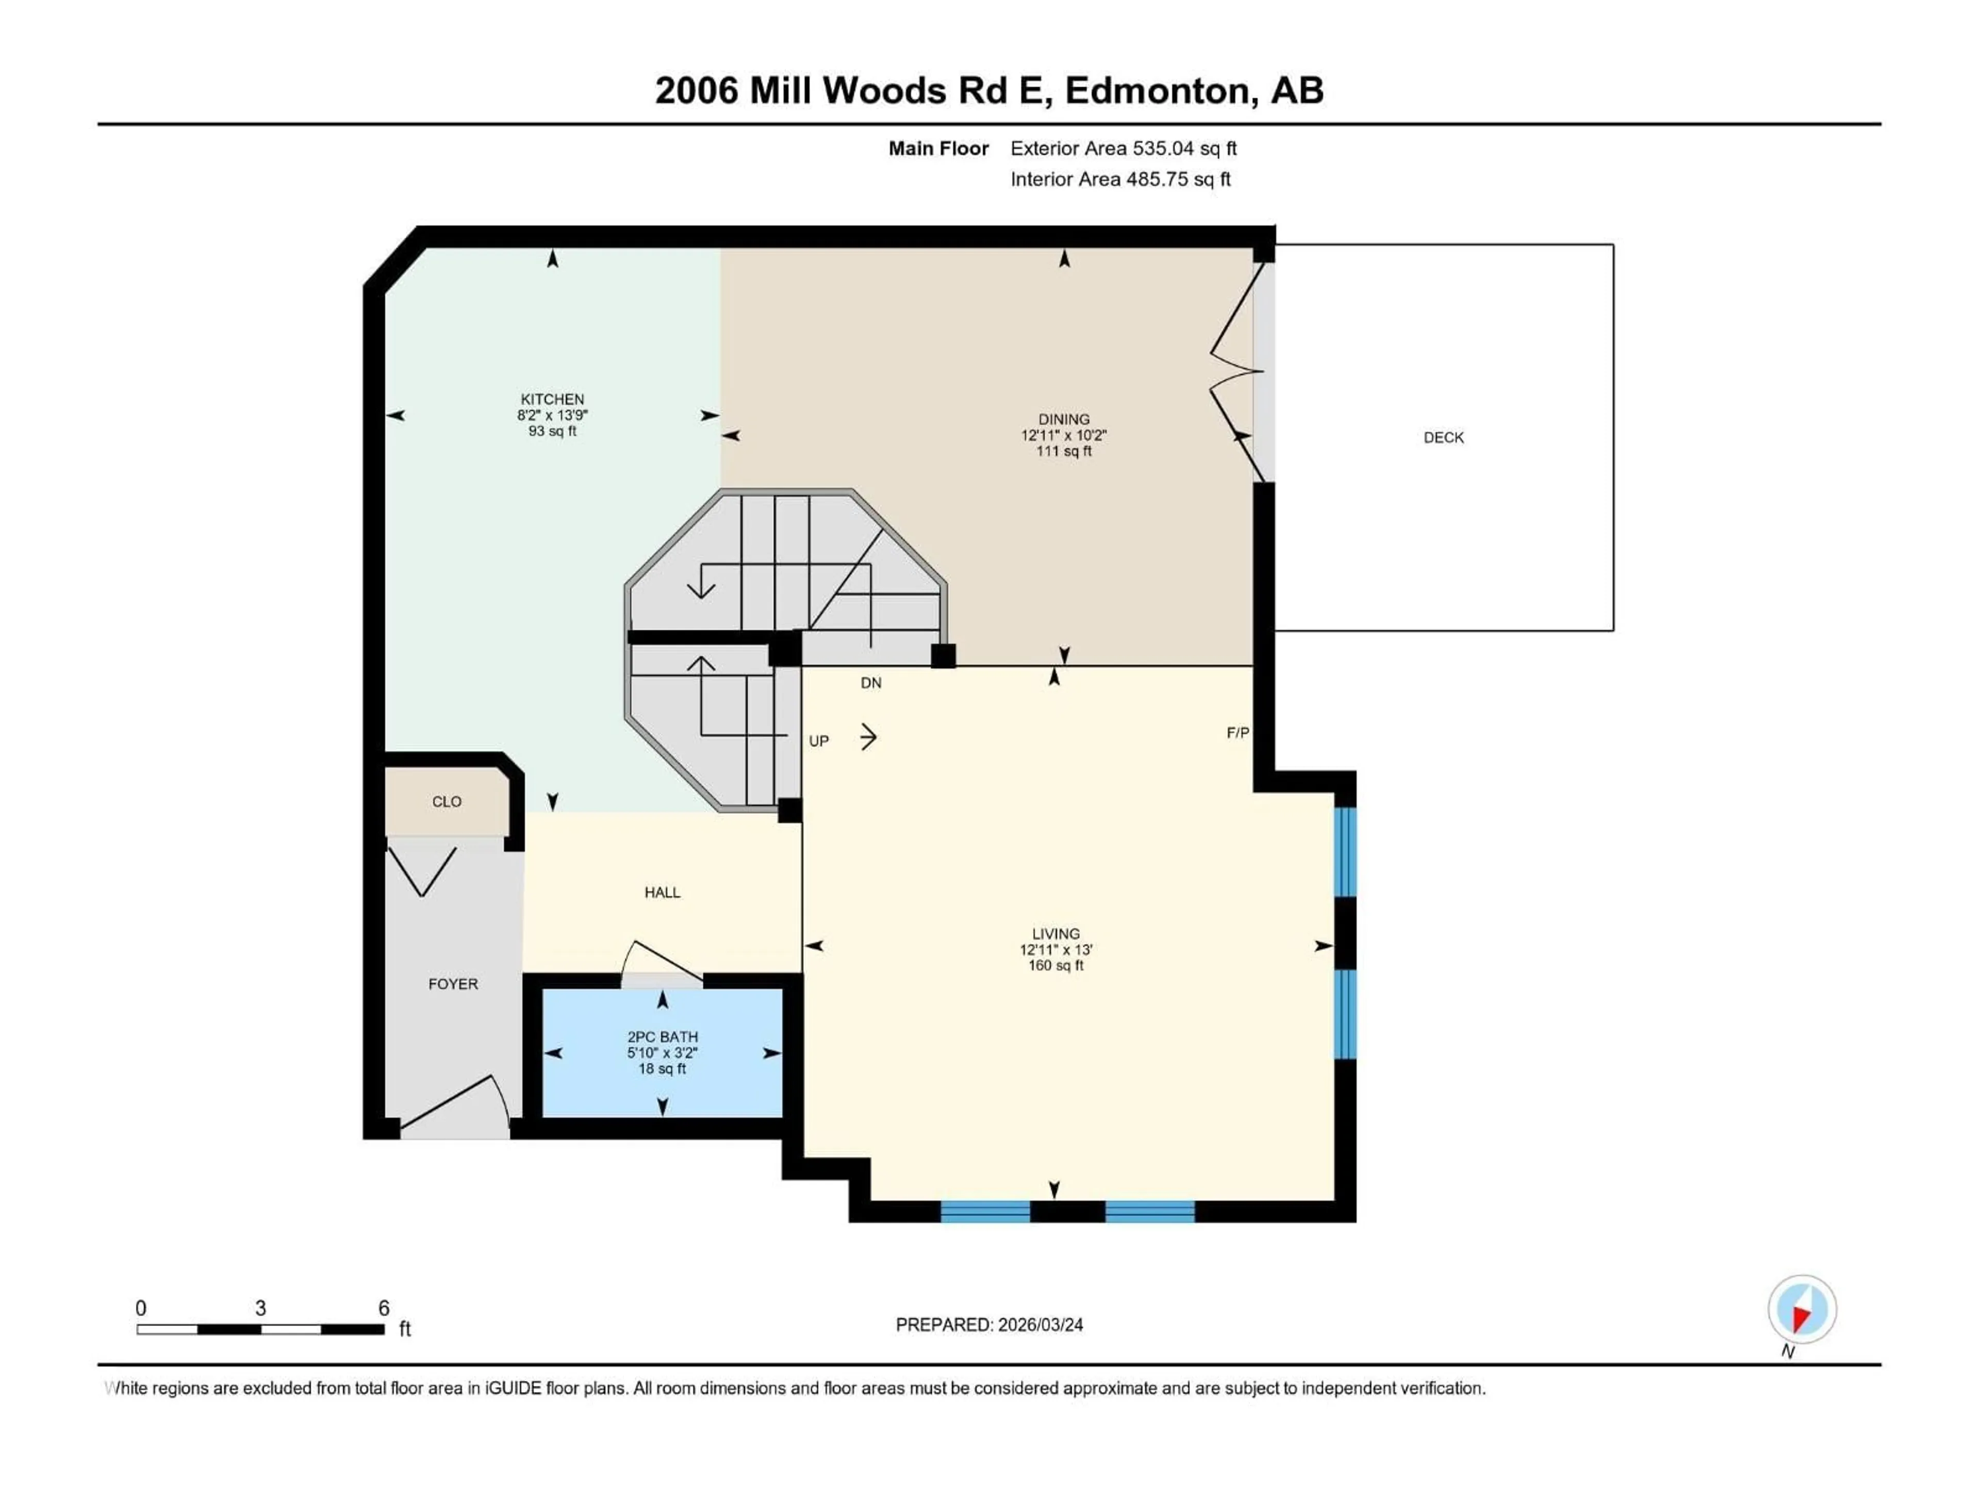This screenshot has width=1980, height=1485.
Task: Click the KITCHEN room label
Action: [552, 399]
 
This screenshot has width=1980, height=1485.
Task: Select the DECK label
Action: [1443, 438]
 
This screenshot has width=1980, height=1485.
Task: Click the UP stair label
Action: [818, 741]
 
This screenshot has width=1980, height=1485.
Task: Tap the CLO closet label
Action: [447, 802]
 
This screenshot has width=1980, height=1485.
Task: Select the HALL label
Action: [663, 893]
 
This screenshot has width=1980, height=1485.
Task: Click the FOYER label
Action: [453, 984]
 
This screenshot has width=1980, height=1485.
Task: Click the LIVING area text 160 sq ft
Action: [1055, 966]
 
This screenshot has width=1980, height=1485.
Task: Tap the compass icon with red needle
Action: [1802, 1310]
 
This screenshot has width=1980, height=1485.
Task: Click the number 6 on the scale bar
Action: [384, 1308]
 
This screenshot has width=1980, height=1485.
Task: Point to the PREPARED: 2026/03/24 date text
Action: [989, 1325]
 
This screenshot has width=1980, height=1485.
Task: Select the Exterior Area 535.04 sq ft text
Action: [1124, 148]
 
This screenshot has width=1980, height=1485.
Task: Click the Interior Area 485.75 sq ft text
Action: [1120, 179]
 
